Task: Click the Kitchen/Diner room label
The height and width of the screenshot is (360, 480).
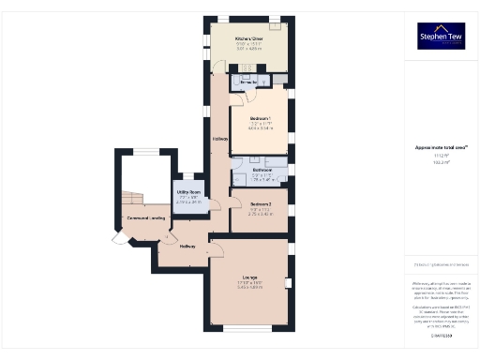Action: pos(248,39)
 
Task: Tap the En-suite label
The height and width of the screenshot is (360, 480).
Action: pos(248,83)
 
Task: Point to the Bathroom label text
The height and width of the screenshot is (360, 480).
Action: pos(262,170)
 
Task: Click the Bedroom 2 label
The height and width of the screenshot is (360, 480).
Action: pos(261,203)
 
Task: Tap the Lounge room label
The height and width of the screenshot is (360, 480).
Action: pos(249,277)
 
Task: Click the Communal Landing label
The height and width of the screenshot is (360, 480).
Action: pos(145,218)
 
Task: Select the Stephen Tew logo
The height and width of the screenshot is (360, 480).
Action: pos(441,36)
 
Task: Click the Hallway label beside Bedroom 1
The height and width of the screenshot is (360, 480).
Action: pos(220,140)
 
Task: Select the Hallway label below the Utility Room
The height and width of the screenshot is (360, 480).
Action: pos(187,246)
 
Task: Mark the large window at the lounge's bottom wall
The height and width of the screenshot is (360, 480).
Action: pos(249,329)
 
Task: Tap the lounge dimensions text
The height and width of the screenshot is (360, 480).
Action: pos(249,286)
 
